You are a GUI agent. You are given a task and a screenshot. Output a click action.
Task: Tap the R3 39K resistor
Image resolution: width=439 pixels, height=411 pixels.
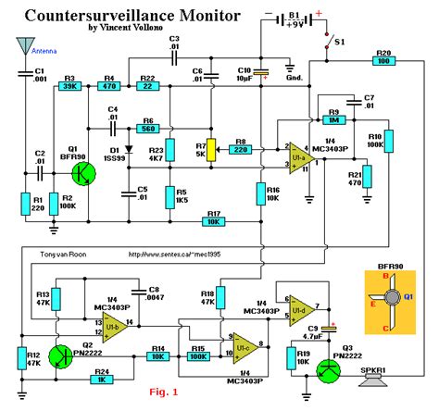(69, 88)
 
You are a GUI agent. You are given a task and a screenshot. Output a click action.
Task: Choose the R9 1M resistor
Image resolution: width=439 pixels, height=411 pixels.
(331, 120)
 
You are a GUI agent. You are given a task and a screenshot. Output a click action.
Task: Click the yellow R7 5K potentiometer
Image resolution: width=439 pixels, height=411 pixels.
(212, 149)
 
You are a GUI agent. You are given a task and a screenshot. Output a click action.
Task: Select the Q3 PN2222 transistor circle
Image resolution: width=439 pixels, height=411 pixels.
(328, 370)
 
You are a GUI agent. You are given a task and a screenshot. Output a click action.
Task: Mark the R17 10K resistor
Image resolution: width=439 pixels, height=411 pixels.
(214, 221)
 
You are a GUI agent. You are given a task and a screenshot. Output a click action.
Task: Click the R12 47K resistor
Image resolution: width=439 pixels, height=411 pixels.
(20, 358)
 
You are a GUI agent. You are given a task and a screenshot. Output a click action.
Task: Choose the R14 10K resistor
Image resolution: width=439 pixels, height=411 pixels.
(158, 356)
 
